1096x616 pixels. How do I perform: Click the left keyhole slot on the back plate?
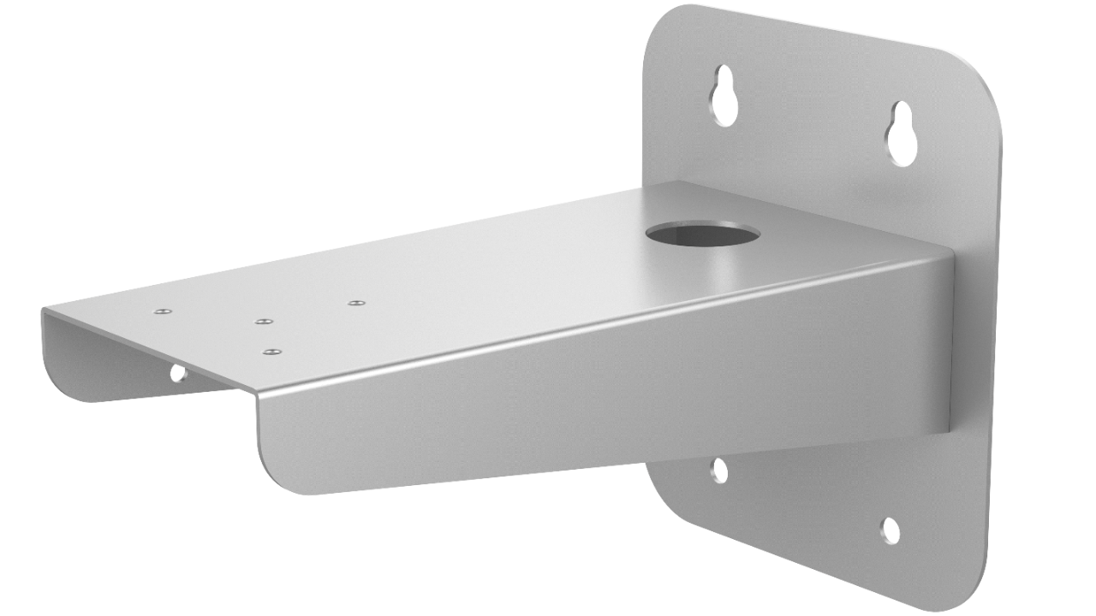tap(724, 96)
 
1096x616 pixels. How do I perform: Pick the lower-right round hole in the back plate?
tap(890, 530)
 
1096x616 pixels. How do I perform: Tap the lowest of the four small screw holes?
tap(272, 352)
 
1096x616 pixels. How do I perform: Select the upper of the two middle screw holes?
tap(264, 322)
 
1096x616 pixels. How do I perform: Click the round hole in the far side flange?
tap(178, 373)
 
